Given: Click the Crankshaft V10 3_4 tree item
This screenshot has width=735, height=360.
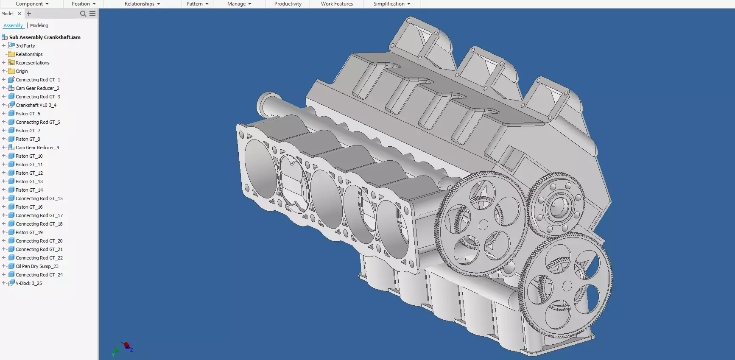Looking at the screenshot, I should [x=36, y=105].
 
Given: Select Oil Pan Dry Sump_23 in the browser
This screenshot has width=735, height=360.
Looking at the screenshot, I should [x=37, y=266].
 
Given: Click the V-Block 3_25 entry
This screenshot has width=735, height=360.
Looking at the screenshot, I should [x=28, y=283].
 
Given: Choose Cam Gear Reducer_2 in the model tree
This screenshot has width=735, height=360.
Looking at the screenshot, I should [x=37, y=88].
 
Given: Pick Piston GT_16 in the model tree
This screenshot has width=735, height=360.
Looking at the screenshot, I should [x=29, y=207].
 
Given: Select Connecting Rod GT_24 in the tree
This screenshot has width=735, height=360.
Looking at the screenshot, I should [x=39, y=275].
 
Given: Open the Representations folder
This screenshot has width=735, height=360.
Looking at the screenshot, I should [x=32, y=63].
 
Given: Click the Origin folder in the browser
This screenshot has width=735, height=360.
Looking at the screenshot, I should [x=22, y=71].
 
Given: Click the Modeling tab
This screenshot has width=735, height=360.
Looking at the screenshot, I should [x=39, y=25].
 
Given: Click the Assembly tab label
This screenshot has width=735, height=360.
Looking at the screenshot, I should [x=13, y=25].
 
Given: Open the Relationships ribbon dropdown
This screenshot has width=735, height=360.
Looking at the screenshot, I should [x=142, y=4].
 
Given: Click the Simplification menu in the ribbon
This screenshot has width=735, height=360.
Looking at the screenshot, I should [x=391, y=4].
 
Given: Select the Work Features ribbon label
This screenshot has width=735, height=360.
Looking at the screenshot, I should [x=337, y=4].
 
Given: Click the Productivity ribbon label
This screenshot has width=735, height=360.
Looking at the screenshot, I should [x=288, y=4].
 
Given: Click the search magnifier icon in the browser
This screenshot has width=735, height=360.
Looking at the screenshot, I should [x=83, y=14].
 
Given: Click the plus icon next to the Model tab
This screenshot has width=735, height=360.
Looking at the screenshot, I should [x=29, y=14].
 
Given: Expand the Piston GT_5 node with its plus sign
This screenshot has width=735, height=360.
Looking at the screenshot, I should [x=4, y=114].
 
